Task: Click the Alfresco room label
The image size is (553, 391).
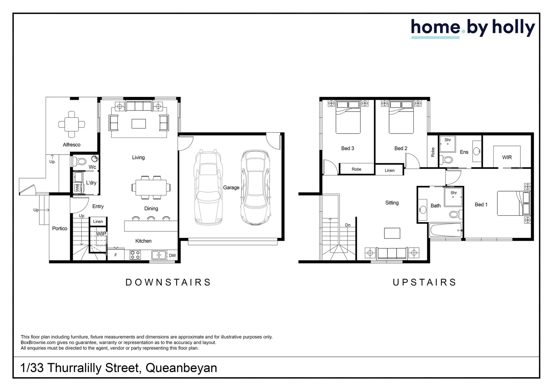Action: [72, 145]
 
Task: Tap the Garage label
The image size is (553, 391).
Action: [231, 188]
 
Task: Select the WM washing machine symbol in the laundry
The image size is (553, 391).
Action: [77, 188]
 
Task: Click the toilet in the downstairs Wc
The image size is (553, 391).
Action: [79, 161]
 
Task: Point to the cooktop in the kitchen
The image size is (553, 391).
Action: [135, 255]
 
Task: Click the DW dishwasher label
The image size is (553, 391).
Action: [172, 255]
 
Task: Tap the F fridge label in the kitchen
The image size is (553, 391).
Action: [115, 255]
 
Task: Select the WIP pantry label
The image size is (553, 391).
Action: [101, 234]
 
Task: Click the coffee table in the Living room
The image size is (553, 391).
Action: [139, 124]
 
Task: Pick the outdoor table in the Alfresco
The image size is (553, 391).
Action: [72, 124]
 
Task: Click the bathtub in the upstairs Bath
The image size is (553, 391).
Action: [446, 230]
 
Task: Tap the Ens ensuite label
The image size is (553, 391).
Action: [464, 152]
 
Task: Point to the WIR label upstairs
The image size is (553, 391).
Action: [507, 157]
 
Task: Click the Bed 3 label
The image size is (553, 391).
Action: [347, 148]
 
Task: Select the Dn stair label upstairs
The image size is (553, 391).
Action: [347, 225]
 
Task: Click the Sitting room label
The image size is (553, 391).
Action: [392, 203]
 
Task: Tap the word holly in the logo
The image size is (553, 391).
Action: [514, 28]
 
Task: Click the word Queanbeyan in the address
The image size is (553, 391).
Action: [181, 368]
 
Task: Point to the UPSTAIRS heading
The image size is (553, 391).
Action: [425, 282]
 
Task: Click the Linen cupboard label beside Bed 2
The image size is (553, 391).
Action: [389, 171]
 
